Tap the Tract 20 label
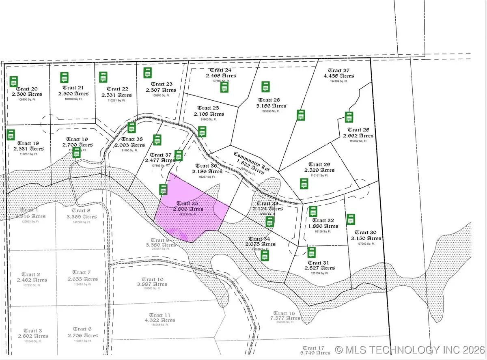[x=28, y=89]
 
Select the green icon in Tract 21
[x=64, y=78]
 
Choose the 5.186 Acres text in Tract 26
[x=271, y=106]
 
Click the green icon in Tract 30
[x=351, y=220]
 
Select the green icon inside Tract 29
[x=303, y=184]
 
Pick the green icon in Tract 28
[x=349, y=117]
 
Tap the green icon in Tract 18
[x=11, y=134]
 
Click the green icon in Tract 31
[x=311, y=253]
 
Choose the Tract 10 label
[x=153, y=279]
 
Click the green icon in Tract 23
[x=147, y=73]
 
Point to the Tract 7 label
[x=82, y=272]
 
